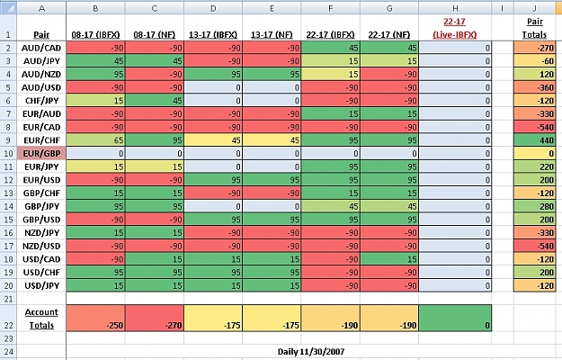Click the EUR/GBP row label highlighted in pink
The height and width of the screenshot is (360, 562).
click(x=41, y=154)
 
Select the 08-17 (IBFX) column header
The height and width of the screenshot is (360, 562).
click(x=95, y=35)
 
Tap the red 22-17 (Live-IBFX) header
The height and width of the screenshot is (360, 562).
click(x=454, y=28)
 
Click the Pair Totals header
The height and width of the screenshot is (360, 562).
click(x=534, y=28)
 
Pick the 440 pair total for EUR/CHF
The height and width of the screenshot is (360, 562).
click(x=534, y=140)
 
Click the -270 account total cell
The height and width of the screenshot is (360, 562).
click(x=154, y=318)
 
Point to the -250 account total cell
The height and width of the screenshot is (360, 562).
click(x=95, y=318)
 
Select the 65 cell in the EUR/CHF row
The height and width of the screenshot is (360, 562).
click(x=95, y=140)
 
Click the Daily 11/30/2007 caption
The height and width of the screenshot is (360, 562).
click(x=311, y=351)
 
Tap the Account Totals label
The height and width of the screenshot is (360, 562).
click(x=41, y=319)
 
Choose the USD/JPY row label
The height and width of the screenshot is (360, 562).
click(x=41, y=286)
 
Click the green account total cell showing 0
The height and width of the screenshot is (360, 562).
click(x=455, y=318)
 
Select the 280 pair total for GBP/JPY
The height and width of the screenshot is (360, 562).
click(x=534, y=206)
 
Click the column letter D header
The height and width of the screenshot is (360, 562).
click(x=213, y=8)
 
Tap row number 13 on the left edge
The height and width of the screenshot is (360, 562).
click(x=8, y=193)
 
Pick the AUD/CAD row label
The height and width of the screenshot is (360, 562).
click(x=41, y=48)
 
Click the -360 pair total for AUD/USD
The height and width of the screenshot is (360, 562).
click(x=534, y=87)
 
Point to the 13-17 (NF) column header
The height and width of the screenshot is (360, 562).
click(x=272, y=35)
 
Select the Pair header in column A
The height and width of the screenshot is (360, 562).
click(x=41, y=35)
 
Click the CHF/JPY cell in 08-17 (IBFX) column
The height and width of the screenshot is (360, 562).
click(x=95, y=101)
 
